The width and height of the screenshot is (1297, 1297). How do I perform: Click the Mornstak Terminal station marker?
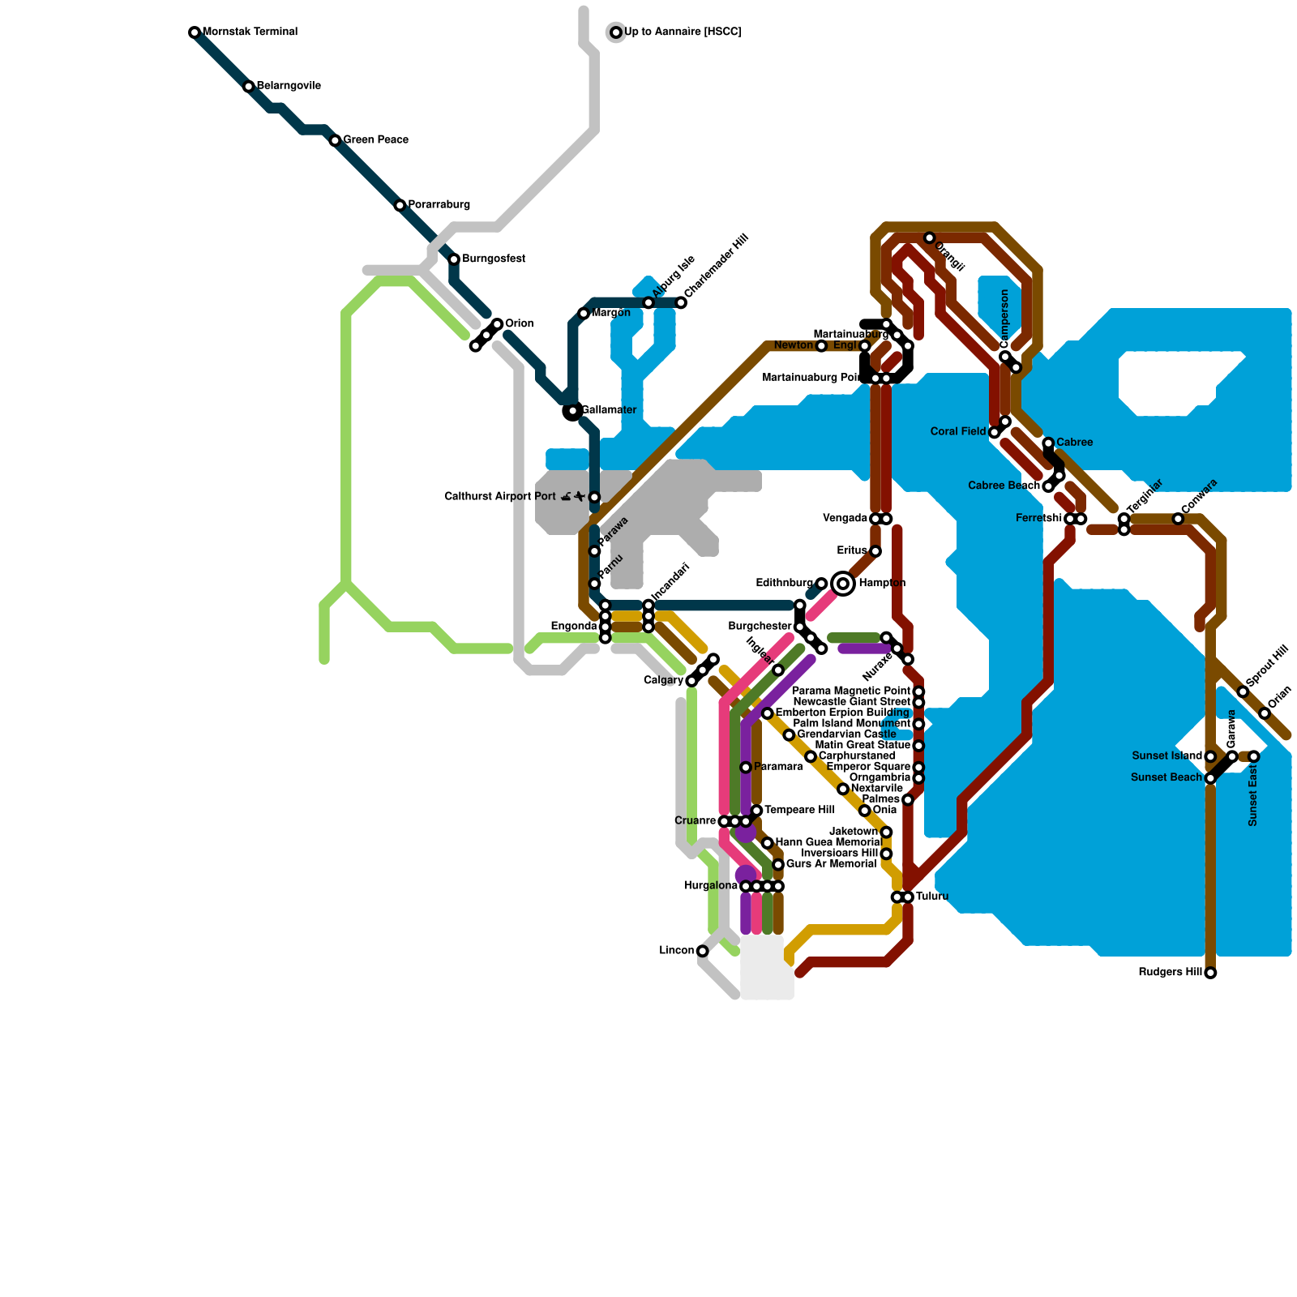(x=195, y=32)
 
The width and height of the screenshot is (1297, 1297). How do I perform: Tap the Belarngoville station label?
(x=289, y=86)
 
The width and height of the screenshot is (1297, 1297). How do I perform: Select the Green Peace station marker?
(x=335, y=141)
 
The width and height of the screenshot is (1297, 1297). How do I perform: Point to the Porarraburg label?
(x=439, y=205)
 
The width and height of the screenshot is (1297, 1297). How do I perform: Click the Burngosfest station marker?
(x=454, y=259)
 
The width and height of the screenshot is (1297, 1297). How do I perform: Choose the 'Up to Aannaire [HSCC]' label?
(x=683, y=32)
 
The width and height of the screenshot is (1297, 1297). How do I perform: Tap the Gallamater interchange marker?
(x=572, y=411)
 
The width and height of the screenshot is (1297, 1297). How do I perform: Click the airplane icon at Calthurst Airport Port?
(x=580, y=497)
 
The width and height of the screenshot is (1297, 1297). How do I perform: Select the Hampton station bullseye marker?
(x=843, y=584)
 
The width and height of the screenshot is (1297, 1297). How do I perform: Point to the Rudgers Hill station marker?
(x=1210, y=973)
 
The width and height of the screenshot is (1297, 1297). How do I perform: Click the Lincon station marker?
(x=702, y=951)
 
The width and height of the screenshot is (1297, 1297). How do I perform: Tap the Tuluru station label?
(x=932, y=897)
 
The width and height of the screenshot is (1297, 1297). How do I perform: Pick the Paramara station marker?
(x=746, y=767)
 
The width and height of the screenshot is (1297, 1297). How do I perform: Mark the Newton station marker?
(x=821, y=346)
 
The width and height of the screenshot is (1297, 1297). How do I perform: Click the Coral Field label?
(x=958, y=432)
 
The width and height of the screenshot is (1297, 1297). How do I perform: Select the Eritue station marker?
(x=875, y=551)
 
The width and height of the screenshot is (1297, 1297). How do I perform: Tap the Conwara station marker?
(x=1178, y=519)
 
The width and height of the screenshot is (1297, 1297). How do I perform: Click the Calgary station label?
(x=663, y=681)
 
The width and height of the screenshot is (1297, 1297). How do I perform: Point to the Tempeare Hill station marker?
(x=756, y=811)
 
